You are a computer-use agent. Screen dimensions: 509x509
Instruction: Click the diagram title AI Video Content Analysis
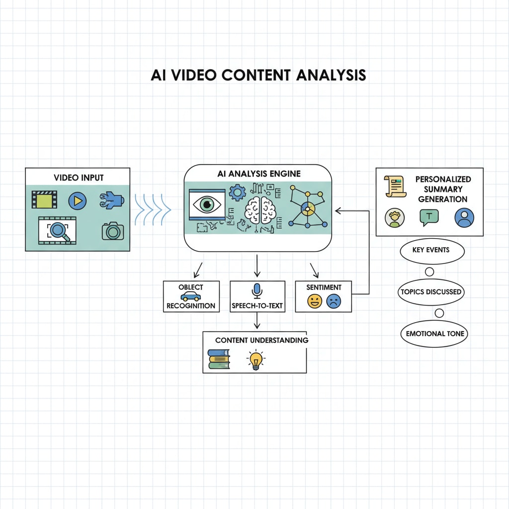tap(258, 75)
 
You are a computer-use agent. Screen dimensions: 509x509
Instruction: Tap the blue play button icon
tap(78, 201)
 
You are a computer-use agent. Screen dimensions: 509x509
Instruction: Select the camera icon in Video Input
tap(113, 231)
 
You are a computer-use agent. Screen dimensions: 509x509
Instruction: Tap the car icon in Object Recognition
tap(190, 297)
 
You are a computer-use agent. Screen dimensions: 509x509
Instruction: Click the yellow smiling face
tap(315, 301)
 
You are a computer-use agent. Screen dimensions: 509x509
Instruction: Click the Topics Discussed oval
tap(431, 292)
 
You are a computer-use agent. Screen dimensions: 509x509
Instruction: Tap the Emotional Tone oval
tap(434, 334)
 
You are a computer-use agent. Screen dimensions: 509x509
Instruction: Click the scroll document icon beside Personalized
tap(395, 186)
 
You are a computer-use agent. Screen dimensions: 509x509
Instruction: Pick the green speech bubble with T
tap(429, 217)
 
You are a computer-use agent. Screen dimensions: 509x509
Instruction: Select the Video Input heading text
tap(79, 177)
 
